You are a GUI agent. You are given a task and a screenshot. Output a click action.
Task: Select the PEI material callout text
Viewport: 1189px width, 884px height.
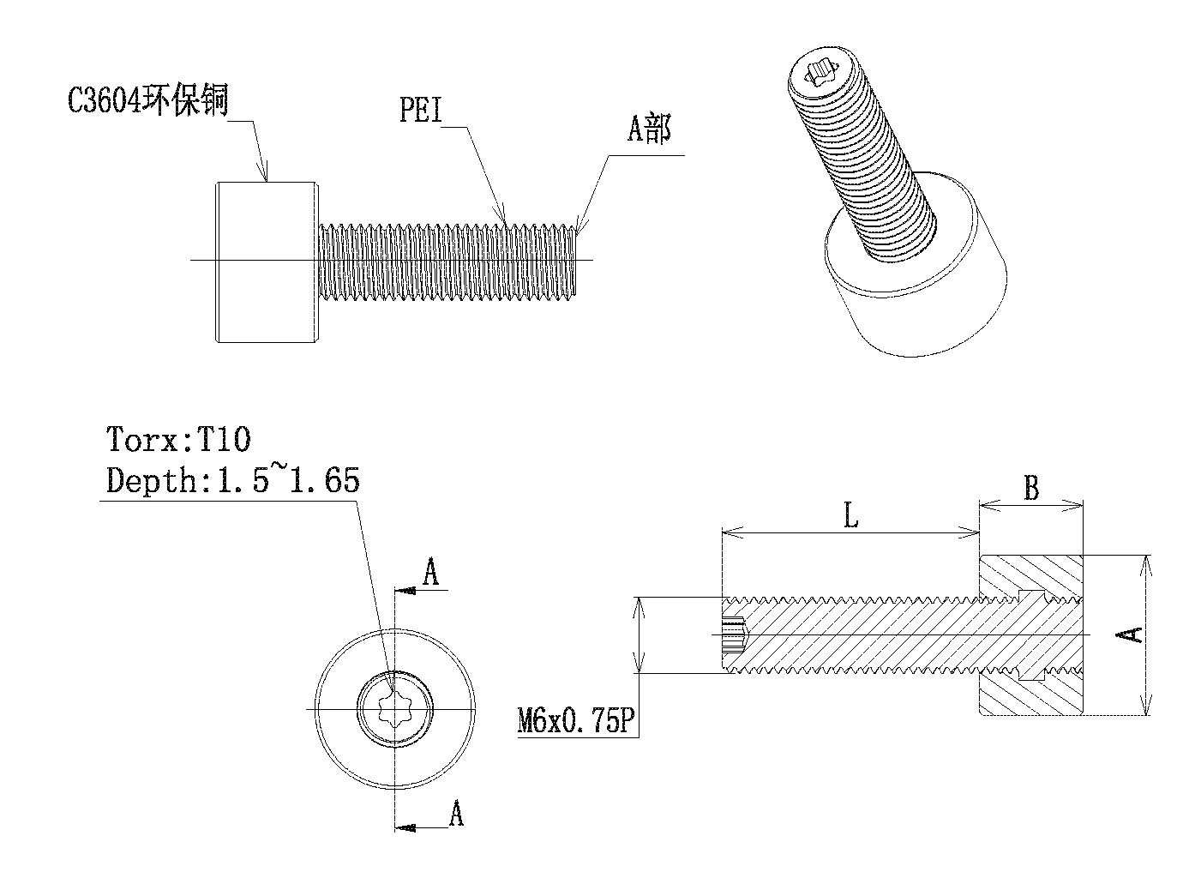point(420,111)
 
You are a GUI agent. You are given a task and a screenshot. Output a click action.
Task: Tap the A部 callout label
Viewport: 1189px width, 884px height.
point(649,129)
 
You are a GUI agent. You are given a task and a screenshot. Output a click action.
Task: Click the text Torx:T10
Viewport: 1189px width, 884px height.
point(178,440)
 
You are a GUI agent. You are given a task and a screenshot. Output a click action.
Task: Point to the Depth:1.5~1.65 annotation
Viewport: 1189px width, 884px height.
point(232,480)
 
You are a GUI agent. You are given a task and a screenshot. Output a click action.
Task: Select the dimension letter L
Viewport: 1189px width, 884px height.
point(850,517)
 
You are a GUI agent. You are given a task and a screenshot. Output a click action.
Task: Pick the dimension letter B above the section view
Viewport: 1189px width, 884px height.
point(1031,489)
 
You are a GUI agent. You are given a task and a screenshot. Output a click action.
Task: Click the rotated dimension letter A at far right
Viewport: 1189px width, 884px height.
point(1132,634)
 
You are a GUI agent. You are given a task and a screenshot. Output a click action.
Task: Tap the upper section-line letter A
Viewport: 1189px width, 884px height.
point(432,573)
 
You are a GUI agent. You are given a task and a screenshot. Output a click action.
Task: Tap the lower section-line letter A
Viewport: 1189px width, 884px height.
point(456,813)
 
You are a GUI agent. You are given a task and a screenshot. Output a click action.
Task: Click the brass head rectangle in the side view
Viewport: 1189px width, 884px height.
point(266,261)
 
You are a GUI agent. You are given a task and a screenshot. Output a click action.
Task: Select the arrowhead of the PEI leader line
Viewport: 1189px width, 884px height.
point(506,219)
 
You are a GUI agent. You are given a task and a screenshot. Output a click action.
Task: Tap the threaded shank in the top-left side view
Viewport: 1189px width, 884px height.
point(446,261)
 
